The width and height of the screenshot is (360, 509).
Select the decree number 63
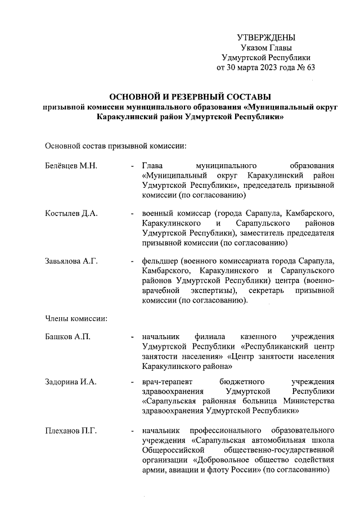[310, 68]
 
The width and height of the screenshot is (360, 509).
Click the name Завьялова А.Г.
[72, 261]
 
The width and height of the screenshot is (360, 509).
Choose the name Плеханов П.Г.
[71, 431]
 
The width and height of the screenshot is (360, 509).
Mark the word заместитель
[264, 232]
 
